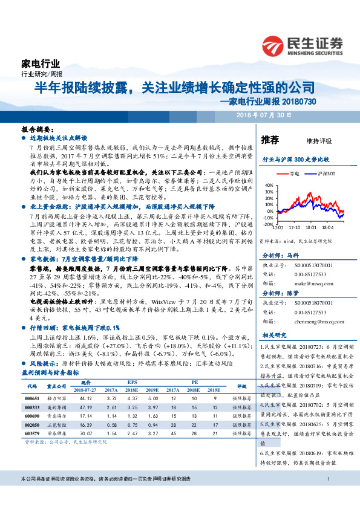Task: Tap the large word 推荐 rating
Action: point(270,140)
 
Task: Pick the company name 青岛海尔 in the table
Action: point(57,415)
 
